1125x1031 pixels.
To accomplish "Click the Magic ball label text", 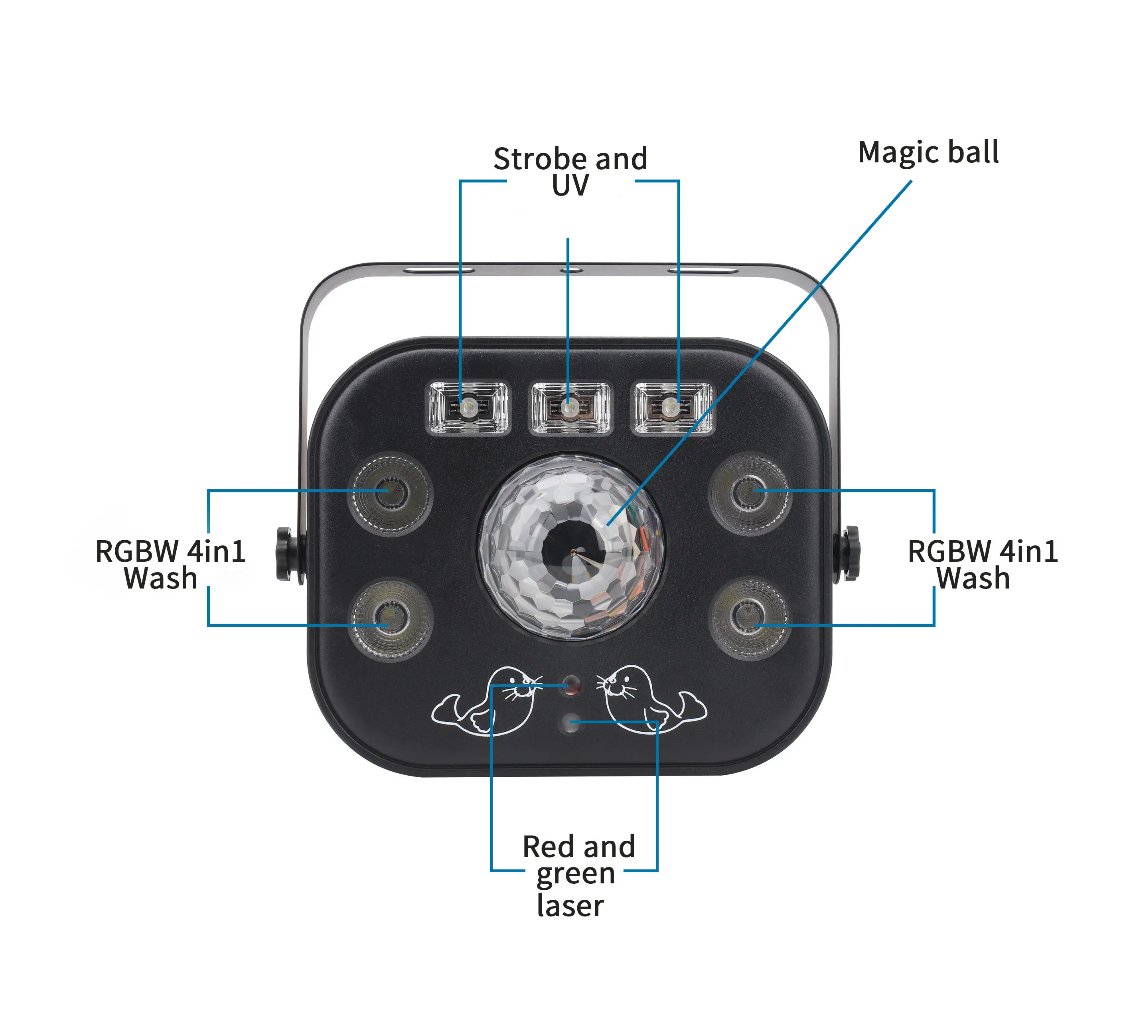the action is pyautogui.click(x=928, y=153).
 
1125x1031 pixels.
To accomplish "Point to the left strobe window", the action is pyautogui.click(x=468, y=407).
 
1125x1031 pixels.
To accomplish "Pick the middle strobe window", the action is pyautogui.click(x=570, y=407).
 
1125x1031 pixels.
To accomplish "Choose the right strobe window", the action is pyautogui.click(x=672, y=407).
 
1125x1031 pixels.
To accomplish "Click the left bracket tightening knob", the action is pyautogui.click(x=286, y=554).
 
